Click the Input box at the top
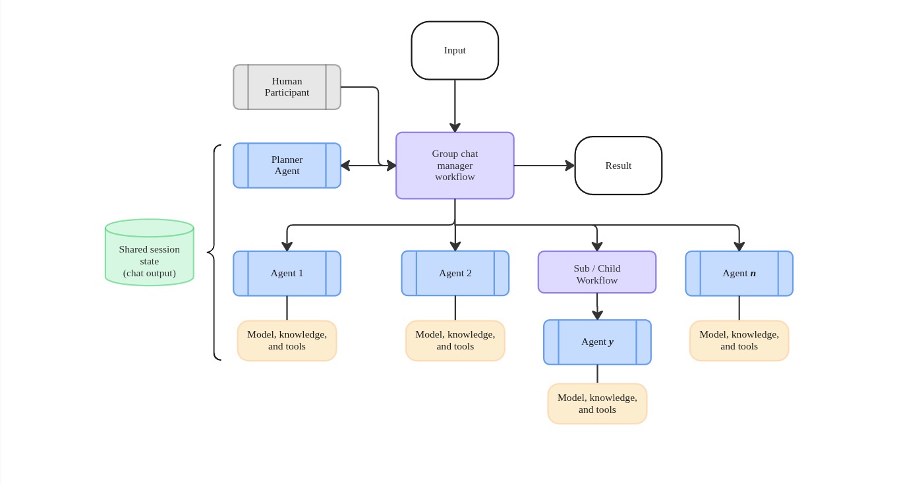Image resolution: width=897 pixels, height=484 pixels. [455, 50]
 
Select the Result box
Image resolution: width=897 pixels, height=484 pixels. [618, 166]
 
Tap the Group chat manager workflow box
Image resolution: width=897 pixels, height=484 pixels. [455, 166]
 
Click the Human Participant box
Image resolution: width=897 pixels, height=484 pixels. [287, 87]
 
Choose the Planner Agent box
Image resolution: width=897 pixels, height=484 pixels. [287, 166]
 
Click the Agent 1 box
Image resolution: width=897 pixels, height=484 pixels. [287, 273]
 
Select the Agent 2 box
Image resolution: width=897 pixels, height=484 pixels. [455, 273]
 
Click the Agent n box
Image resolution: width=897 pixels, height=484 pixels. [739, 273]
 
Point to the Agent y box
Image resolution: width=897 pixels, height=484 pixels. [597, 342]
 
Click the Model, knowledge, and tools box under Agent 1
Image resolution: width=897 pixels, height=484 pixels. [287, 340]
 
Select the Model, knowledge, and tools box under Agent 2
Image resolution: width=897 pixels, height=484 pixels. [455, 340]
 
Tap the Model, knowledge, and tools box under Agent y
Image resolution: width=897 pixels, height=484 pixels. [597, 404]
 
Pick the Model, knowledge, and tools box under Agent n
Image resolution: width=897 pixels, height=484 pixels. [739, 340]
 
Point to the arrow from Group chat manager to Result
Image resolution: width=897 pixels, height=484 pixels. [543, 166]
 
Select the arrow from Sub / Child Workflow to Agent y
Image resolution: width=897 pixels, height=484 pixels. [597, 306]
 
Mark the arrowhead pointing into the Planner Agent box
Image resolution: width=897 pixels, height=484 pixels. [345, 166]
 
